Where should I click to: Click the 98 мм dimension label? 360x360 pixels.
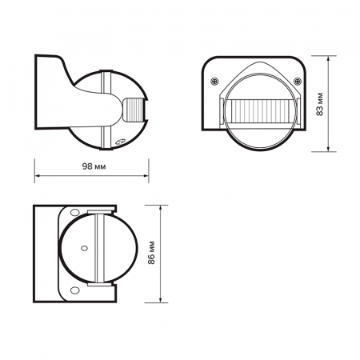[93, 168]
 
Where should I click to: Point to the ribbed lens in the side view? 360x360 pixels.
[136, 109]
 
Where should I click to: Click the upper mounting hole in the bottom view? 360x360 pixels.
[74, 212]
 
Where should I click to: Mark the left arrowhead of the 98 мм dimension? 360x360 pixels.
[37, 178]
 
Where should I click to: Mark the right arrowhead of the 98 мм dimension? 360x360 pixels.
[148, 178]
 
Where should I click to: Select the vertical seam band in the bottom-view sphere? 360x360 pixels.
[96, 250]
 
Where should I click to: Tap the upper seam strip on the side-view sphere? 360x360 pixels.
[103, 80]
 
